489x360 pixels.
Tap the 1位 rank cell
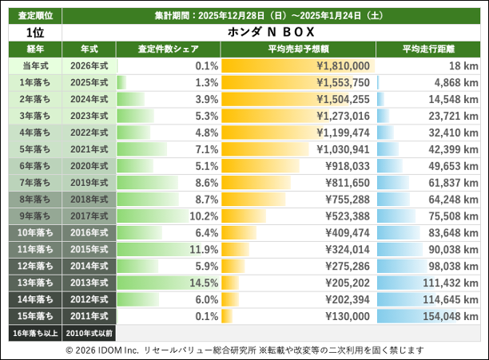point(34,32)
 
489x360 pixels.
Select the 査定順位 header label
point(34,16)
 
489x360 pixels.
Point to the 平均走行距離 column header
point(429,49)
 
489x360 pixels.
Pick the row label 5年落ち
point(34,149)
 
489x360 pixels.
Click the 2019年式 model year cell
point(89,183)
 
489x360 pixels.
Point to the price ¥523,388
point(348,216)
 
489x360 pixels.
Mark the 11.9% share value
point(201,249)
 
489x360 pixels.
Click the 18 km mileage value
point(463,66)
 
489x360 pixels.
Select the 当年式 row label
point(34,66)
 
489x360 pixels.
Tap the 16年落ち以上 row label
point(34,332)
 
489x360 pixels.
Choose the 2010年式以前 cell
point(89,332)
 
